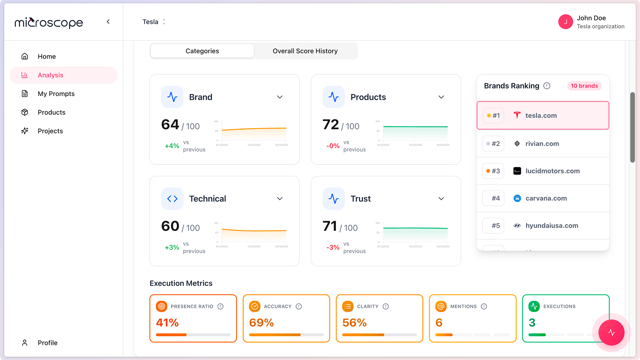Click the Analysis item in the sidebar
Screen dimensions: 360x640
pos(50,75)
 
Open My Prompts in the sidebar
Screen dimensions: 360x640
pos(56,94)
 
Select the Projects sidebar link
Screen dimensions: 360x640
pos(50,131)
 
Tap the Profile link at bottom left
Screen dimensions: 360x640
pos(47,343)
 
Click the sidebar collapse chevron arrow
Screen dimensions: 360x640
pos(108,22)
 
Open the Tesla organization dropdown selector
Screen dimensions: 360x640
pos(154,22)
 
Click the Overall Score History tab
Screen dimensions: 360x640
pos(305,51)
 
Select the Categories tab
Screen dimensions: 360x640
pos(202,51)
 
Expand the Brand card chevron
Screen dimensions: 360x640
pos(280,97)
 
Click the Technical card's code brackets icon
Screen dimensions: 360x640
pos(172,199)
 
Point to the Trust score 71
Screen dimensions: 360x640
pos(330,226)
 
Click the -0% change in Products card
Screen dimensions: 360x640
pos(333,146)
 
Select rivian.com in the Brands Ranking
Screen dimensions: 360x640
pos(542,144)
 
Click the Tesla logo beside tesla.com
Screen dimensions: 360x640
pos(517,115)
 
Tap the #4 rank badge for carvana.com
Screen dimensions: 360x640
pos(493,198)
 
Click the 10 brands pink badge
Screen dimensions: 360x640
pos(584,86)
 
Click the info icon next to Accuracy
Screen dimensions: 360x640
pos(299,306)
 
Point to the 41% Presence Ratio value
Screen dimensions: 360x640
pos(167,323)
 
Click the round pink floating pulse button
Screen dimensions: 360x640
pos(611,332)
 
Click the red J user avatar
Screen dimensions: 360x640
pos(565,22)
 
